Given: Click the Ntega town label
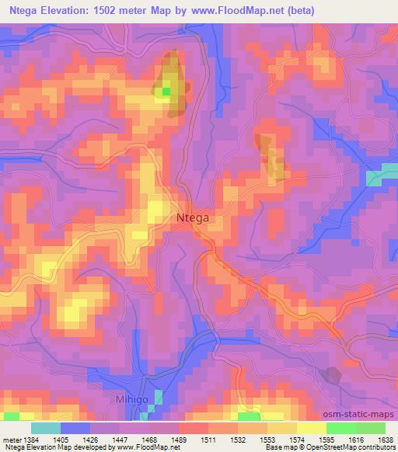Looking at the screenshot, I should click(x=191, y=218).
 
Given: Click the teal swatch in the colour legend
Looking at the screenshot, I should click(x=46, y=427).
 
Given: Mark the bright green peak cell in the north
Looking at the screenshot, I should click(x=165, y=92).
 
